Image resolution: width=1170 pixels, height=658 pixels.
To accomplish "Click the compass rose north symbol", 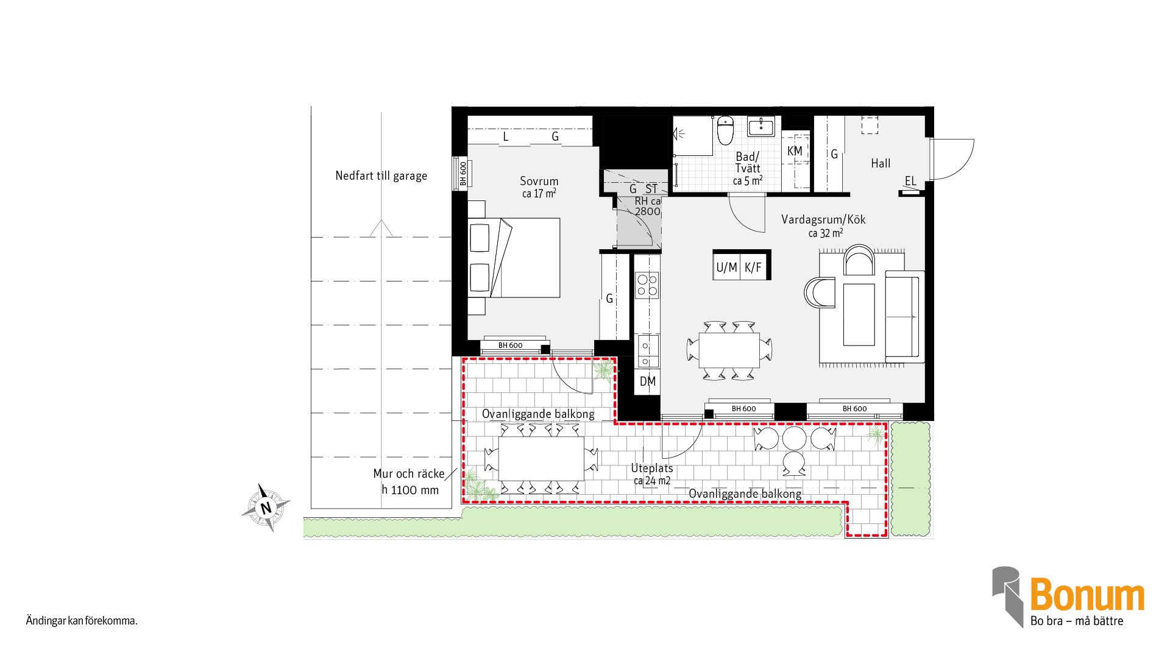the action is click(x=266, y=508).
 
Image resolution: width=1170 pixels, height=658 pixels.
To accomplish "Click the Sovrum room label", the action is click(x=539, y=181).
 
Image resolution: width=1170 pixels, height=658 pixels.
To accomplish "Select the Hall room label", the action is click(x=881, y=163).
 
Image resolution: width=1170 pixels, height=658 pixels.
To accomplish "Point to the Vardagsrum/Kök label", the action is click(x=823, y=219).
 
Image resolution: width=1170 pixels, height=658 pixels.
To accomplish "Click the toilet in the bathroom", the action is click(x=725, y=130).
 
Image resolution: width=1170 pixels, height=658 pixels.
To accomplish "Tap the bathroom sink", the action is click(x=760, y=127).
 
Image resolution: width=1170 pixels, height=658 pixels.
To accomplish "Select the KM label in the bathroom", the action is click(x=795, y=151).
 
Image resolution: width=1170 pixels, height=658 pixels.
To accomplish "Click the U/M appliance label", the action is click(x=726, y=267).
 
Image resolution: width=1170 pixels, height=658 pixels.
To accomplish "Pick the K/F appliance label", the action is click(x=753, y=267).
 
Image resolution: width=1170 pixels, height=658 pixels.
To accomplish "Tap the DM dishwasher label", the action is click(x=648, y=381).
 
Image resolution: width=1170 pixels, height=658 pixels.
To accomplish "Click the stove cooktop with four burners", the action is click(x=647, y=286).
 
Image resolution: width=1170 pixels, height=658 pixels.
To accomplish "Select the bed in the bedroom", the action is click(x=514, y=258).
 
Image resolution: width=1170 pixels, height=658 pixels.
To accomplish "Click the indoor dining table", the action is click(x=729, y=350).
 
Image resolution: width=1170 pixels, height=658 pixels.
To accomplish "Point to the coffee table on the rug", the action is click(x=859, y=314).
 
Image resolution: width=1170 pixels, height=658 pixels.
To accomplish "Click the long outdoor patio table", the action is click(x=541, y=458).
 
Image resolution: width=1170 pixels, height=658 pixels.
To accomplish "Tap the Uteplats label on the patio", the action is click(x=652, y=469).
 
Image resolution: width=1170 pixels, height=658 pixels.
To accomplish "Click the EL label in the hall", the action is click(x=910, y=181).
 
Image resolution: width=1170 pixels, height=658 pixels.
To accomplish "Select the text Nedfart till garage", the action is click(x=381, y=176).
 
